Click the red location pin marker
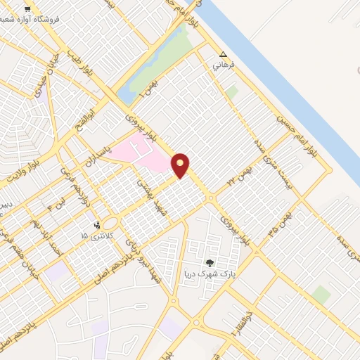point(181,165)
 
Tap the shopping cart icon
point(27,10)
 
